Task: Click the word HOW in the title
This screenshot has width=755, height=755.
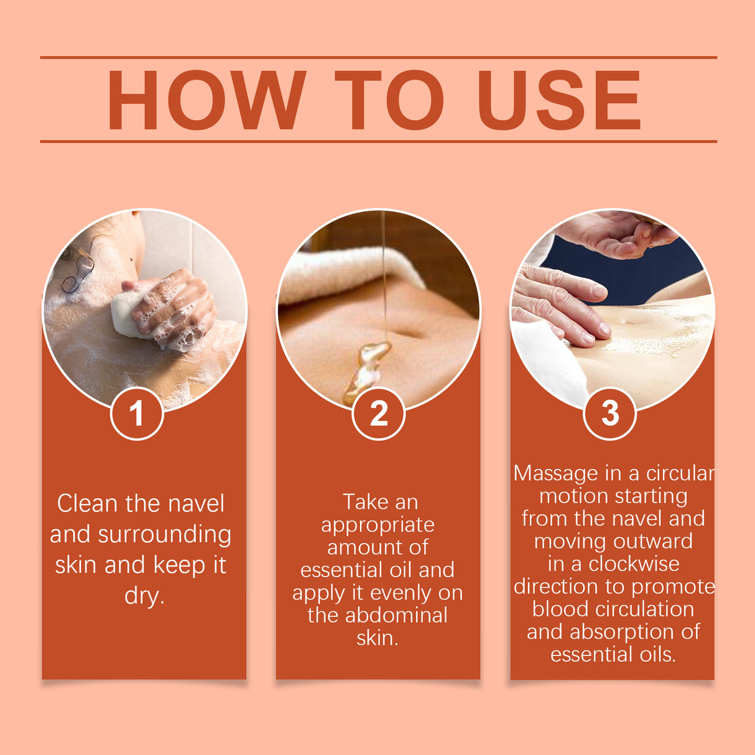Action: coord(206,100)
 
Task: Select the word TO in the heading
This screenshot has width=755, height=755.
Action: coord(389,100)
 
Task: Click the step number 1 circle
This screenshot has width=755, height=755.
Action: coord(137,414)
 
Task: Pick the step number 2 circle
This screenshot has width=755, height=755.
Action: coord(378,414)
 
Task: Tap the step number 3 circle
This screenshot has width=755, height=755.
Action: coord(610,414)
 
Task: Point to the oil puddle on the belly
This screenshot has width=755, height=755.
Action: coord(367,370)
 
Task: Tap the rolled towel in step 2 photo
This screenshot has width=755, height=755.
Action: coord(348,274)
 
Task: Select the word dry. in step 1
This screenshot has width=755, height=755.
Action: coord(144,596)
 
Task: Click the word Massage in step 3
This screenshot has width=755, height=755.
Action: coord(555,473)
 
